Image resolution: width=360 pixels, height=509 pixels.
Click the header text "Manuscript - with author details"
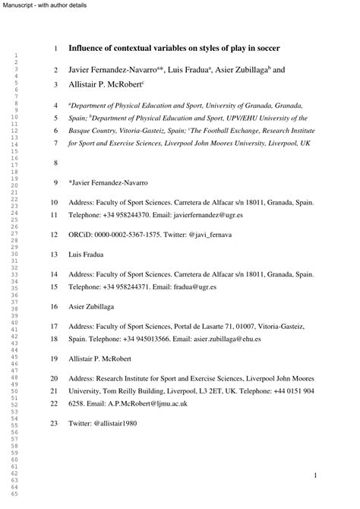[x=43, y=5]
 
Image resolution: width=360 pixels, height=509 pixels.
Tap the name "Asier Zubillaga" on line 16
[x=95, y=307]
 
